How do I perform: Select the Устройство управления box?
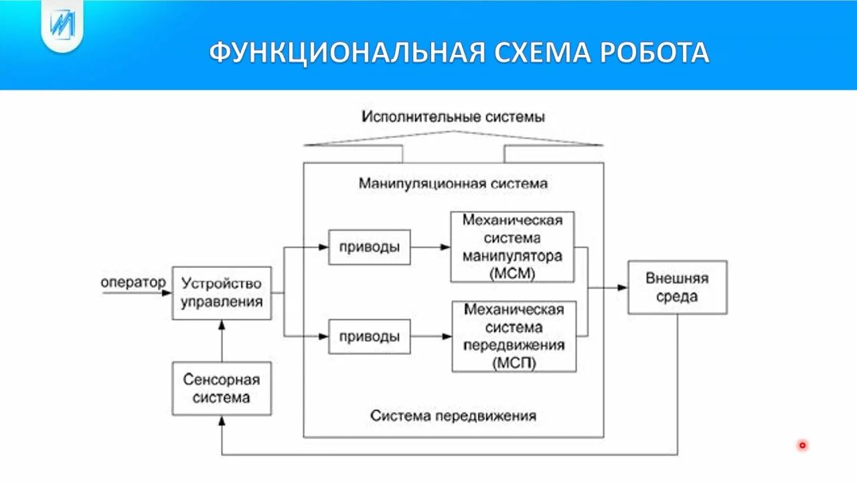coord(222,293)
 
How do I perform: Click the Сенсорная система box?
coord(222,388)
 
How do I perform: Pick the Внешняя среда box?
coord(677,287)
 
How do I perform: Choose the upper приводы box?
coord(369,246)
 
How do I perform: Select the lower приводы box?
coord(369,337)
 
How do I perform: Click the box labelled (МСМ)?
coord(513,247)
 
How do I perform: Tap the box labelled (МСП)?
coord(514,336)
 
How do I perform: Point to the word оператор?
coord(133,283)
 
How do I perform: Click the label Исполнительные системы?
coord(453,116)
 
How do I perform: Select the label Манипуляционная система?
coord(453,183)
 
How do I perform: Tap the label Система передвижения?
coord(453,416)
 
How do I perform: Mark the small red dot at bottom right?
coord(802,445)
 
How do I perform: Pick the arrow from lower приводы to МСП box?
coord(431,337)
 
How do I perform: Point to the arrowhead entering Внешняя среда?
coord(623,287)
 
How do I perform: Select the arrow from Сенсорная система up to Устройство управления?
coord(222,341)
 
